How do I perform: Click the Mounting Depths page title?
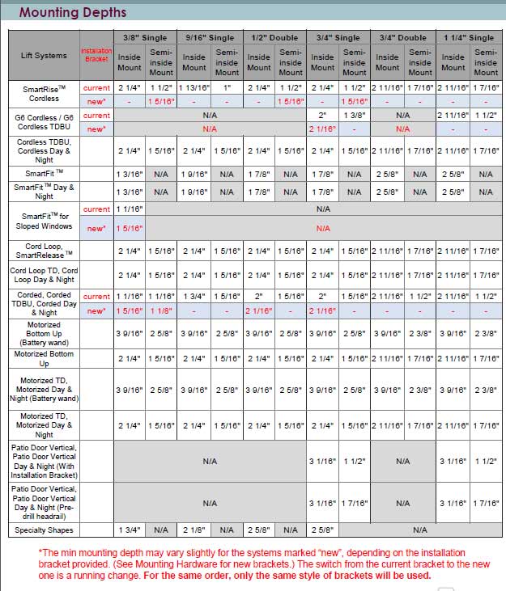tap(73, 12)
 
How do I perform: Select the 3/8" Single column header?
tap(145, 37)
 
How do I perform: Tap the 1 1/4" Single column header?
tap(469, 37)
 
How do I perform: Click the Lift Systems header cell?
tap(44, 55)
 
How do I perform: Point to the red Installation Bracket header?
tap(96, 55)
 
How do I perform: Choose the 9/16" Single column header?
tap(210, 37)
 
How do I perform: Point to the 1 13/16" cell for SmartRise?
tap(193, 87)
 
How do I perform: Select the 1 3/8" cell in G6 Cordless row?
tap(355, 116)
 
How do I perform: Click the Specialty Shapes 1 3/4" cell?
tap(130, 530)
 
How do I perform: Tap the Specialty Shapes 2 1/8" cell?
tap(193, 530)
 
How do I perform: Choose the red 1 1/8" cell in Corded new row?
tap(161, 311)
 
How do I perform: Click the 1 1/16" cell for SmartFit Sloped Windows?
tap(130, 209)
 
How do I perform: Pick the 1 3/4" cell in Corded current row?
tap(193, 297)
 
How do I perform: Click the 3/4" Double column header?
tap(403, 37)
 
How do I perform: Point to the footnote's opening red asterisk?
tap(40, 552)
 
